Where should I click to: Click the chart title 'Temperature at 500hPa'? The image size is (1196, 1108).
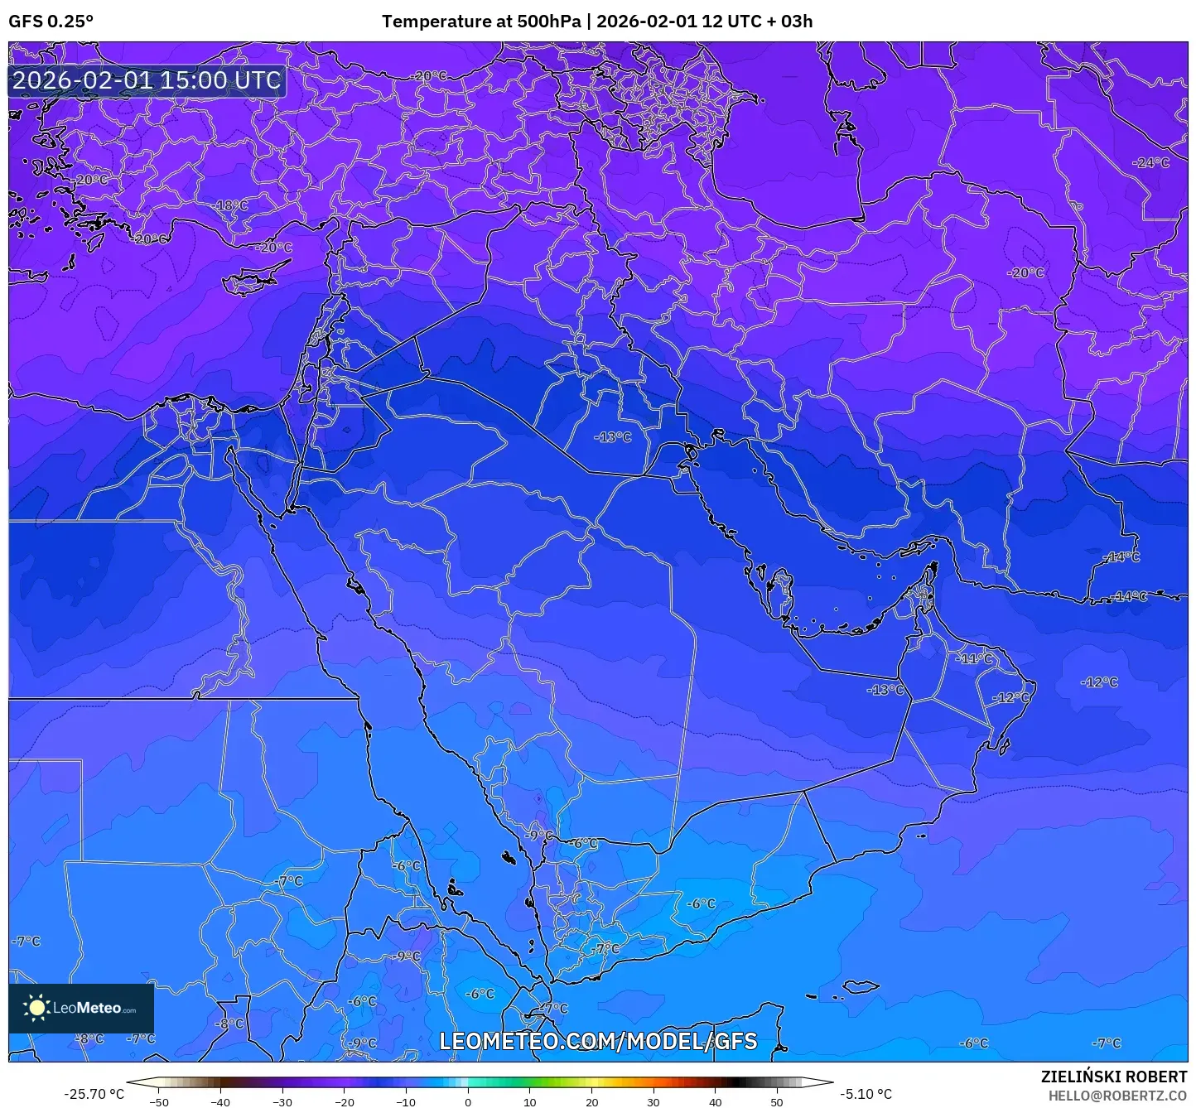tap(481, 22)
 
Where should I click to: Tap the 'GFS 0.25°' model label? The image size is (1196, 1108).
tap(51, 22)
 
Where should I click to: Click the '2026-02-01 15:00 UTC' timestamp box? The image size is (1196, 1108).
tap(147, 80)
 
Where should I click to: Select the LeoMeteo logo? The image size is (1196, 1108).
tap(81, 1008)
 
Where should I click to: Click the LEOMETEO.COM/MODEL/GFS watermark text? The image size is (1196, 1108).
tap(598, 1041)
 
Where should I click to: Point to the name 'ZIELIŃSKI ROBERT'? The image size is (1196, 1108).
tap(1114, 1077)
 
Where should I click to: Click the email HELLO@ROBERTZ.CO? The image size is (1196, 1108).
tap(1117, 1096)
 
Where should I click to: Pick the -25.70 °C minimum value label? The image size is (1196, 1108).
tap(94, 1094)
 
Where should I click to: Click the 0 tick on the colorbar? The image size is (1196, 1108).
tap(468, 1101)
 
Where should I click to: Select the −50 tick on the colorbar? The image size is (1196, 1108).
tap(158, 1101)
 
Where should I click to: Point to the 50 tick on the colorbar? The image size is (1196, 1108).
tap(777, 1101)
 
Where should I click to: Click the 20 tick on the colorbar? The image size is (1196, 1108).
tap(591, 1101)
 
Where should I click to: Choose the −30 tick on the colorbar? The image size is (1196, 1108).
tap(282, 1101)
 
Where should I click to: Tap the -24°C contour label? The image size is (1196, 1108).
tap(1152, 162)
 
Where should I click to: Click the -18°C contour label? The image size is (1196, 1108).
tap(232, 205)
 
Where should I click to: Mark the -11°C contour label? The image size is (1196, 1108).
tap(974, 658)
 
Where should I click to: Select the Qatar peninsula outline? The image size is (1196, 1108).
tap(780, 587)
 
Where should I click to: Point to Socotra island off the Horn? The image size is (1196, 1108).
tap(861, 987)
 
